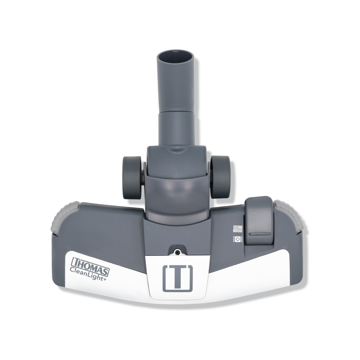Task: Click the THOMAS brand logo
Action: (90, 266)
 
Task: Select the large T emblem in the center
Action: (178, 278)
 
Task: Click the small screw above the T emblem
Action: (178, 252)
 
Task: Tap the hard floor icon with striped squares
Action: (238, 229)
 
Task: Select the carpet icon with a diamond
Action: (238, 239)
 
